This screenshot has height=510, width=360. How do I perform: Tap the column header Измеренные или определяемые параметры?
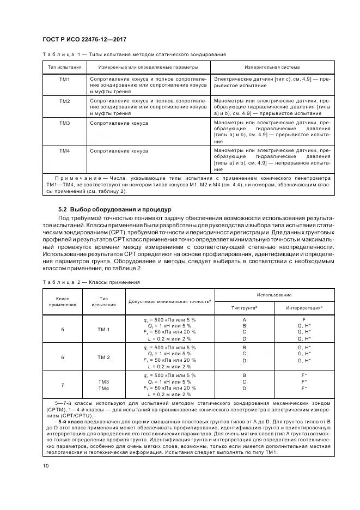(x=148, y=68)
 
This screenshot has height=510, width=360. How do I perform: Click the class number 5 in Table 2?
(x=62, y=330)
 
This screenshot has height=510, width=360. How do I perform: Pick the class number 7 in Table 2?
(x=62, y=385)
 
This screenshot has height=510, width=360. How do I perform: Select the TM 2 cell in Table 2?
(x=103, y=357)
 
